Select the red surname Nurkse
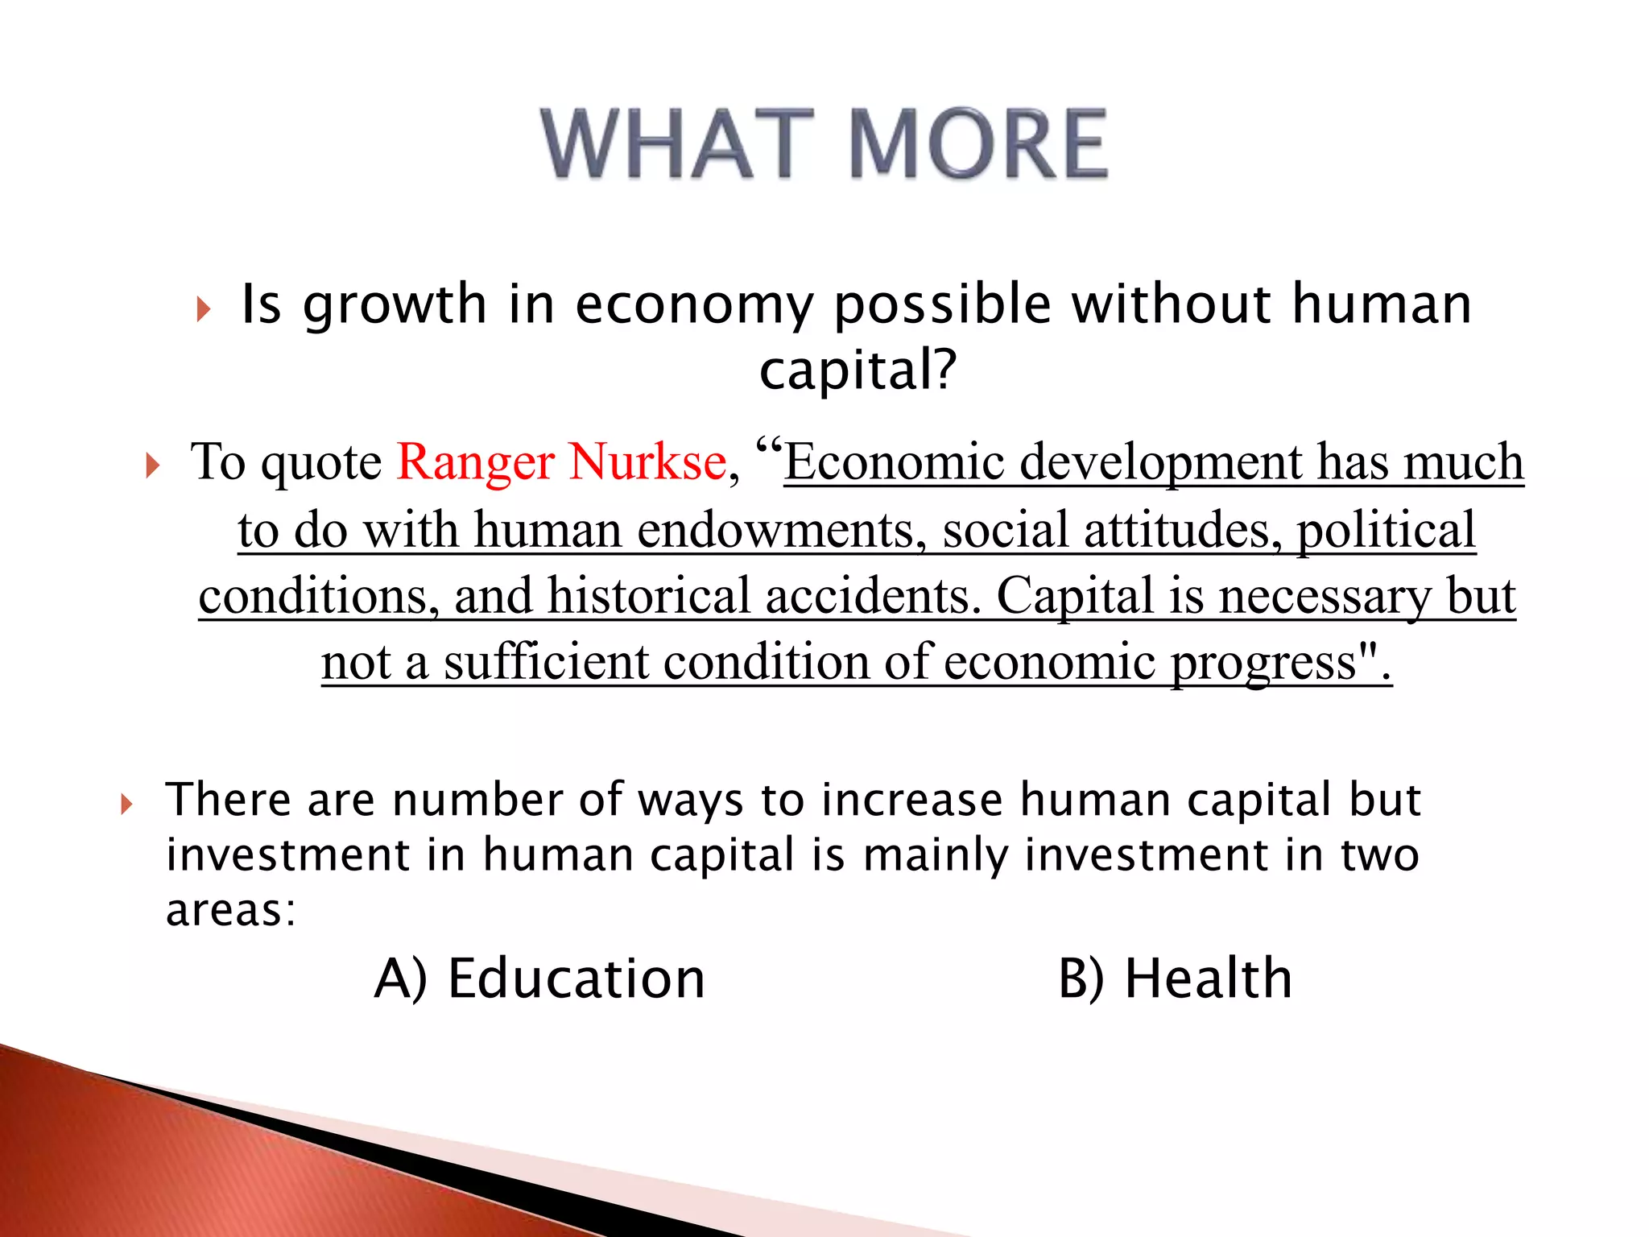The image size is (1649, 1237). point(647,462)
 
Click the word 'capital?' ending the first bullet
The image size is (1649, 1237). point(858,370)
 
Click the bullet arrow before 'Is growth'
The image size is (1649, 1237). point(203,308)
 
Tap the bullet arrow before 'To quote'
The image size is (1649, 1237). point(152,465)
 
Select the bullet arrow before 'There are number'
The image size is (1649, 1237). point(126,803)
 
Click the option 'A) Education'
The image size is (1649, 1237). point(539,978)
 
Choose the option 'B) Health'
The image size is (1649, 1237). point(1175,978)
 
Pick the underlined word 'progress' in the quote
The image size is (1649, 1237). point(1263,664)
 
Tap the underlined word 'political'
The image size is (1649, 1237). point(1386,530)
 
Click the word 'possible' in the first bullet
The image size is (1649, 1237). point(943,306)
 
